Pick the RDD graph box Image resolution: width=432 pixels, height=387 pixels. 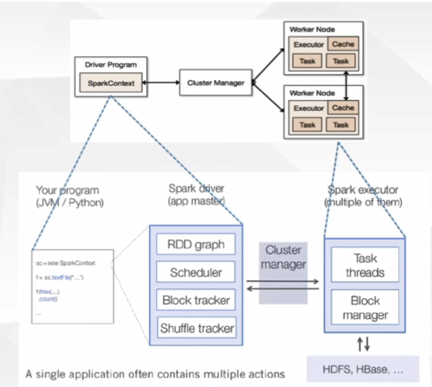point(196,245)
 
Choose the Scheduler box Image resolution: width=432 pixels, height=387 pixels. point(196,273)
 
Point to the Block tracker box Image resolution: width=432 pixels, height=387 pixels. point(196,300)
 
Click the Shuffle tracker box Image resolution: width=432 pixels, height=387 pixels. point(196,327)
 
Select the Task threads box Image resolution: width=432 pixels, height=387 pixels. point(365,266)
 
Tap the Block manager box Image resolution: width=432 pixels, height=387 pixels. point(365,308)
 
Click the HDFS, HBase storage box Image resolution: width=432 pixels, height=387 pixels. point(364,369)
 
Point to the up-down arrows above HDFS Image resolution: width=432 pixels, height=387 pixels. point(363,344)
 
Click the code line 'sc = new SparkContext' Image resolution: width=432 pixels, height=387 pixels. point(66,263)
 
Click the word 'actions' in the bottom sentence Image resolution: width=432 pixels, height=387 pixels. point(265,374)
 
